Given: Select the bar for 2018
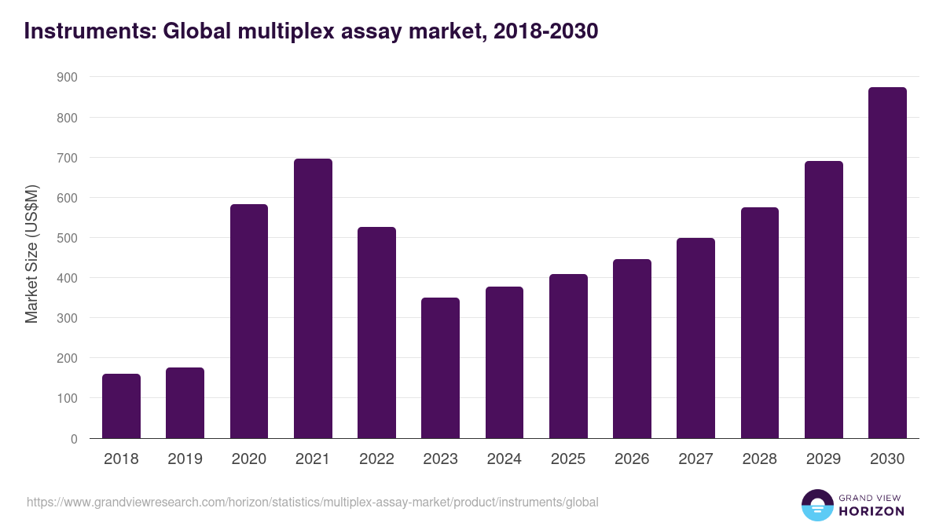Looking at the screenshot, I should coord(121,406).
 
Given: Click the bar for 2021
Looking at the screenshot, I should coord(313,298).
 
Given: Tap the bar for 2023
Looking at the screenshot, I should coord(440,367).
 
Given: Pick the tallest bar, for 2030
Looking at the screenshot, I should coord(887,263).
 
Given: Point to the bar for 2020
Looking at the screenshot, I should coord(249,321).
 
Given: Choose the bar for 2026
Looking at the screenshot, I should coord(632,349).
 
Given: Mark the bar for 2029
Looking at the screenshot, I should coord(824,300).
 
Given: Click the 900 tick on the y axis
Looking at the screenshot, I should coord(67,77).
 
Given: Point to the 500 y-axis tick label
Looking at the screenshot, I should coord(67,238).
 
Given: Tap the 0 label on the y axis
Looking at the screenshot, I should coord(74,439).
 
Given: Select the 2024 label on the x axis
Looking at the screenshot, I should coord(504,459).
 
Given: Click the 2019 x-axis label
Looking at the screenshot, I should coord(185,459).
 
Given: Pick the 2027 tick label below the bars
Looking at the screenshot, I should coord(695,459).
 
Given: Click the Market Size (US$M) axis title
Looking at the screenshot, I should coord(31,253).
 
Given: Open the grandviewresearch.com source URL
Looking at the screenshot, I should coord(313,502).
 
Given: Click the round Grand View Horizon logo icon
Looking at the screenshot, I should coord(817,505).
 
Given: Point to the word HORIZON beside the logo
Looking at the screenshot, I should coord(871,511).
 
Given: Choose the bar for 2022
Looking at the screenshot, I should coord(376,332).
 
